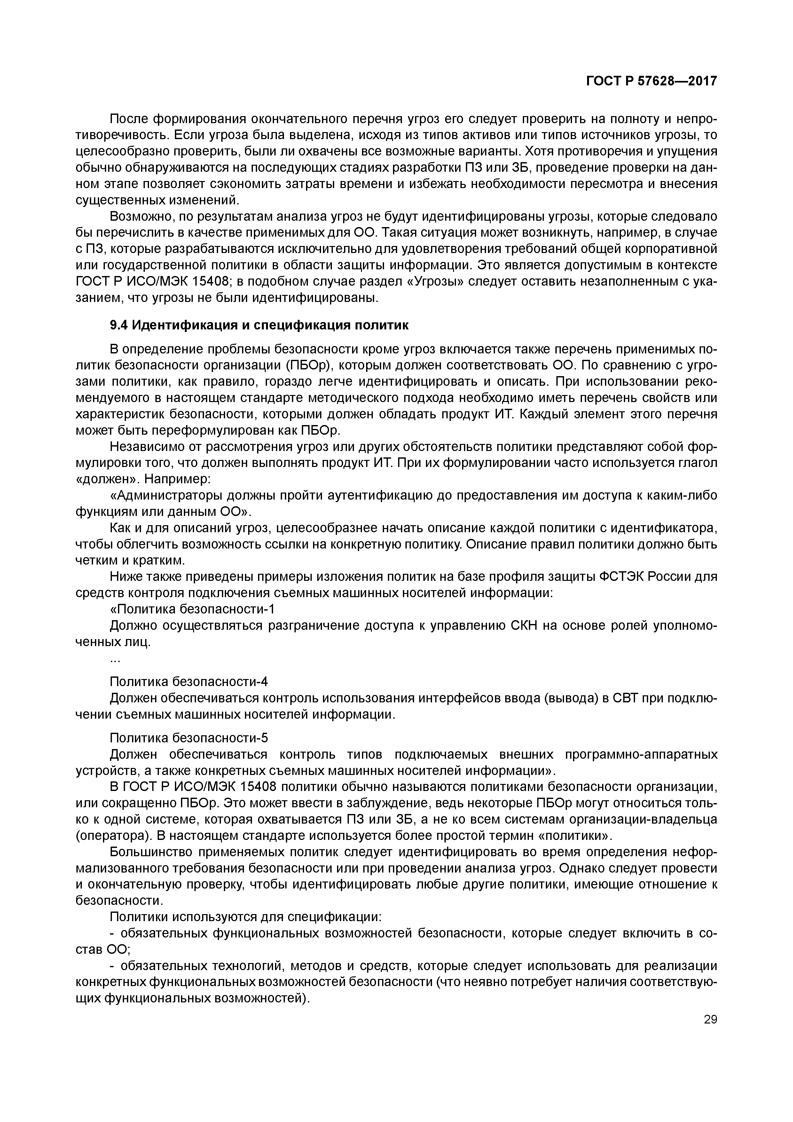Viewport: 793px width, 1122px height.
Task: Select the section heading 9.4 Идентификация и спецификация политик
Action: [259, 325]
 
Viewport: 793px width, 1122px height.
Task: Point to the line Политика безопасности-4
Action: [189, 681]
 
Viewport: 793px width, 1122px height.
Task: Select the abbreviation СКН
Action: [523, 626]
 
